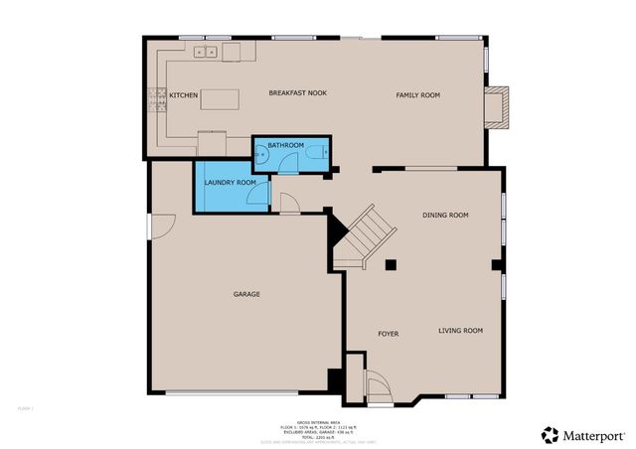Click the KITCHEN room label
coord(184,95)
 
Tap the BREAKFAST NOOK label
coord(297,93)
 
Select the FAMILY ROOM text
coord(417,95)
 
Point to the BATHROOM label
coord(285,146)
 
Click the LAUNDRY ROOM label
coord(231,183)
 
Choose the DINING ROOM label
coord(445,215)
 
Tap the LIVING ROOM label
coord(460,330)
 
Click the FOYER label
coord(388,334)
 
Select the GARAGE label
coord(246,294)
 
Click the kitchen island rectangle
coord(223,99)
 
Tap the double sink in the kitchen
coord(206,52)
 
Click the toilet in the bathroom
coord(317,152)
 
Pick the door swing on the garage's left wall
coord(160,226)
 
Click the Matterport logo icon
coord(550,435)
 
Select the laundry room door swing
coord(257,195)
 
